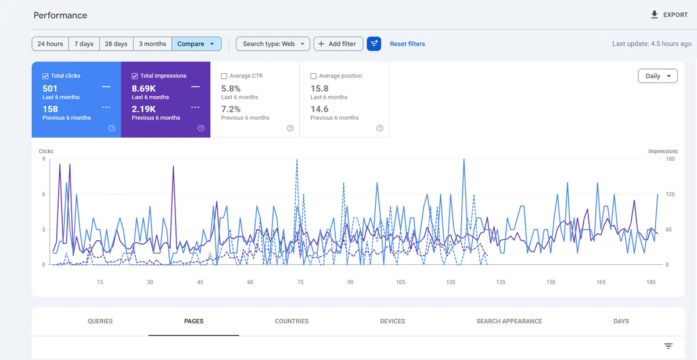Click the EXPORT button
pyautogui.click(x=669, y=15)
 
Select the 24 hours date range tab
pyautogui.click(x=50, y=44)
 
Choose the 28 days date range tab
pyautogui.click(x=116, y=44)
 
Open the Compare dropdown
pyautogui.click(x=196, y=44)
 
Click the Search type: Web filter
pyautogui.click(x=273, y=44)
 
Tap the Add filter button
pyautogui.click(x=338, y=44)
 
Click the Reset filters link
pyautogui.click(x=407, y=44)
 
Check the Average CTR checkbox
pyautogui.click(x=224, y=76)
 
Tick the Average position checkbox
pyautogui.click(x=313, y=76)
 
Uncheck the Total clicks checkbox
pyautogui.click(x=45, y=76)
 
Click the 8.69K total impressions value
pyautogui.click(x=143, y=89)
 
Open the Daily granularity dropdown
pyautogui.click(x=658, y=76)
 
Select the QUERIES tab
pyautogui.click(x=100, y=321)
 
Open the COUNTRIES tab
pyautogui.click(x=292, y=321)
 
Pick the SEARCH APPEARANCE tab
pyautogui.click(x=509, y=321)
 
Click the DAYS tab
pyautogui.click(x=621, y=321)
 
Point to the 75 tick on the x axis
pyautogui.click(x=300, y=282)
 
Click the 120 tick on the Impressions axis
pyautogui.click(x=670, y=194)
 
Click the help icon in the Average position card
pyautogui.click(x=380, y=128)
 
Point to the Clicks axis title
pyautogui.click(x=46, y=151)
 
